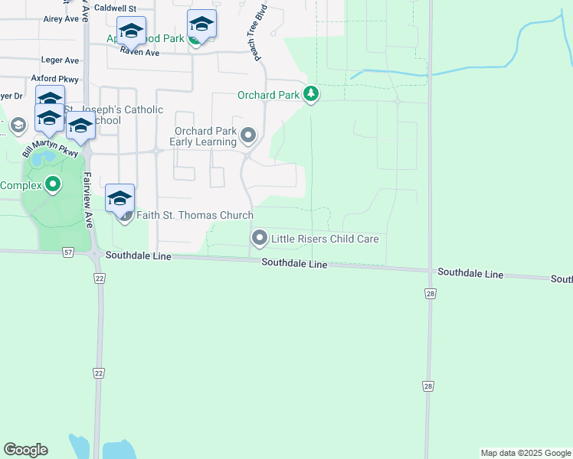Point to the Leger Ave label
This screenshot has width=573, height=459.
(x=61, y=60)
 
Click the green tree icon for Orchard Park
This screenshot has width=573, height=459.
(x=311, y=95)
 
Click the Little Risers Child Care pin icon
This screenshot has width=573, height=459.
(x=260, y=239)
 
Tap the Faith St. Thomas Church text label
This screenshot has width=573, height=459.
(x=195, y=216)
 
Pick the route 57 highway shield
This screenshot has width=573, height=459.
(x=69, y=252)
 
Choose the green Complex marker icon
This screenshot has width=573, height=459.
(x=53, y=185)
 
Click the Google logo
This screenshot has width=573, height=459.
(x=25, y=450)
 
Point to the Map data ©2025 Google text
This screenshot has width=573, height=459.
(x=526, y=453)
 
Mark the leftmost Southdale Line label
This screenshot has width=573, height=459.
(x=139, y=256)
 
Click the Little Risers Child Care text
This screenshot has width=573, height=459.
(x=325, y=239)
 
